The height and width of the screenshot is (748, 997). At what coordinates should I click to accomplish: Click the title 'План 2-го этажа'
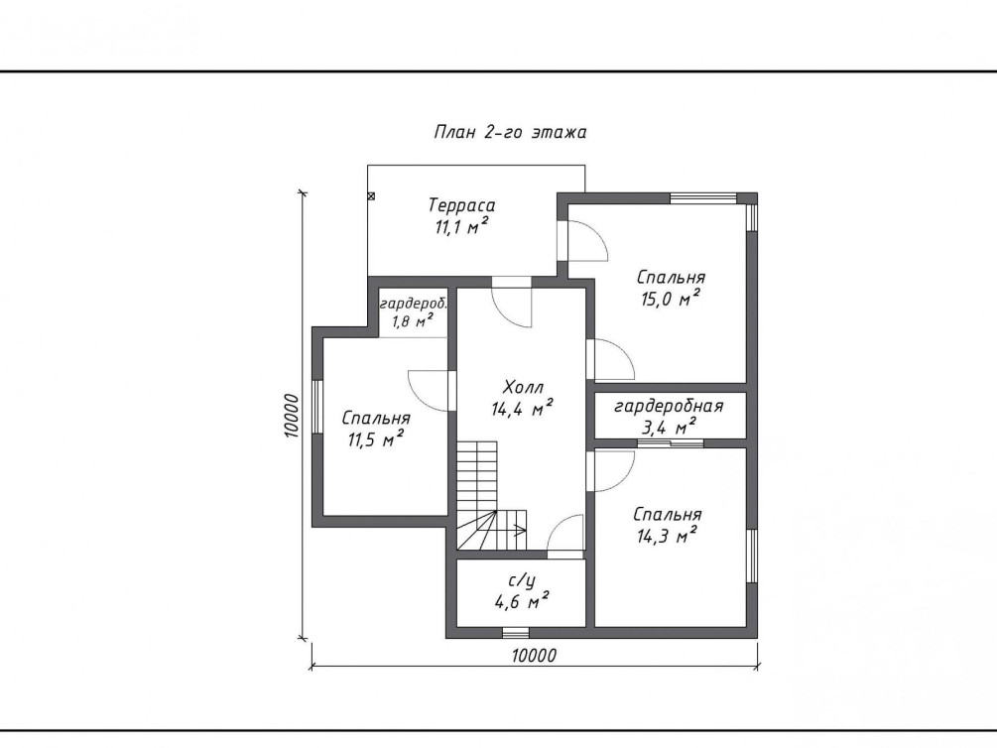[510, 132]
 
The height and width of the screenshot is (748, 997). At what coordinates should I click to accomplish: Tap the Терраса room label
[461, 205]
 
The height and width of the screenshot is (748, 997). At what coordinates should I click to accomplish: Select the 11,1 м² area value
[461, 226]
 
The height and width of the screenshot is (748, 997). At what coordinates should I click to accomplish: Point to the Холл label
[523, 387]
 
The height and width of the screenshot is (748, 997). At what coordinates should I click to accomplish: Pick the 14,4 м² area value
[522, 408]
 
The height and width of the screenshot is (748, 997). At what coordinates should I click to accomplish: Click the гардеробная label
[669, 407]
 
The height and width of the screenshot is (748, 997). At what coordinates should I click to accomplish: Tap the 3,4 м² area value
[669, 427]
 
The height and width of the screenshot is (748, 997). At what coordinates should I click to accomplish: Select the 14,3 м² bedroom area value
[667, 536]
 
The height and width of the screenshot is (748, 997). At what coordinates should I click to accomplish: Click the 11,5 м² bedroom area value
[376, 438]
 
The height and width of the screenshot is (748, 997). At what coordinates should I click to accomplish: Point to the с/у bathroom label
[522, 580]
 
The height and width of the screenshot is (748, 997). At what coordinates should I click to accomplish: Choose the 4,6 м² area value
[522, 600]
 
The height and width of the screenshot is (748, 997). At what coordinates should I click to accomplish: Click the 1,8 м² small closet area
[413, 320]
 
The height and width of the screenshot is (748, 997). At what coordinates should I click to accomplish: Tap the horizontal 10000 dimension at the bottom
[533, 655]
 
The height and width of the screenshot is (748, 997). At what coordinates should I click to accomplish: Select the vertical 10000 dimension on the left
[292, 416]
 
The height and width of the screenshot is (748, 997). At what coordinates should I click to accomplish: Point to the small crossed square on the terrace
[371, 196]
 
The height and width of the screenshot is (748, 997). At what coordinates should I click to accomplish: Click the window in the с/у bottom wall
[515, 633]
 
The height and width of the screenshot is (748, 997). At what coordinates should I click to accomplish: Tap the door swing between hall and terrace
[512, 308]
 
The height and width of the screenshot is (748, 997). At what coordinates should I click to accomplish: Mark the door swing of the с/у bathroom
[564, 532]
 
